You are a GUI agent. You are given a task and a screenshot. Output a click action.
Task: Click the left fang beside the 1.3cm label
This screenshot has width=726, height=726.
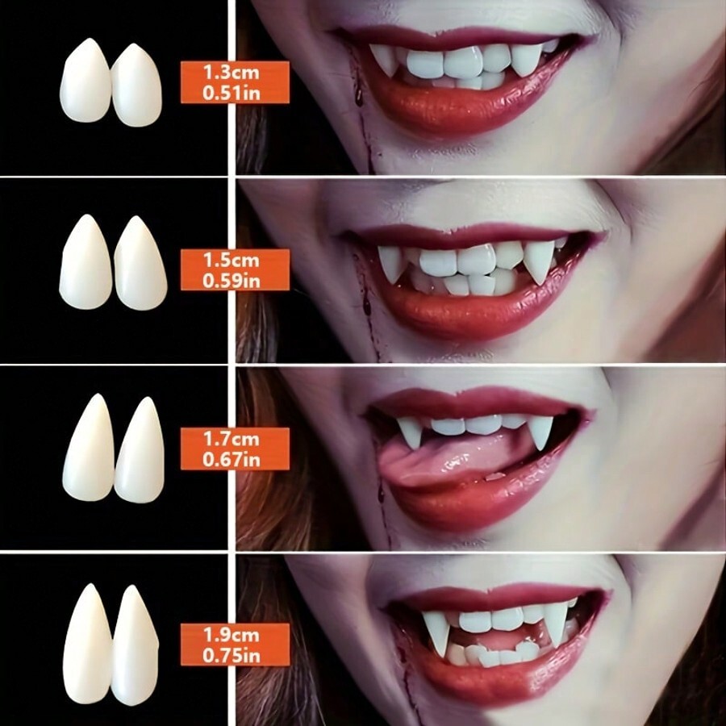pyautogui.click(x=85, y=81)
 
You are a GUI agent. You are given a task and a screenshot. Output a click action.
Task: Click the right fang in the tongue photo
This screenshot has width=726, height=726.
pyautogui.click(x=540, y=431)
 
